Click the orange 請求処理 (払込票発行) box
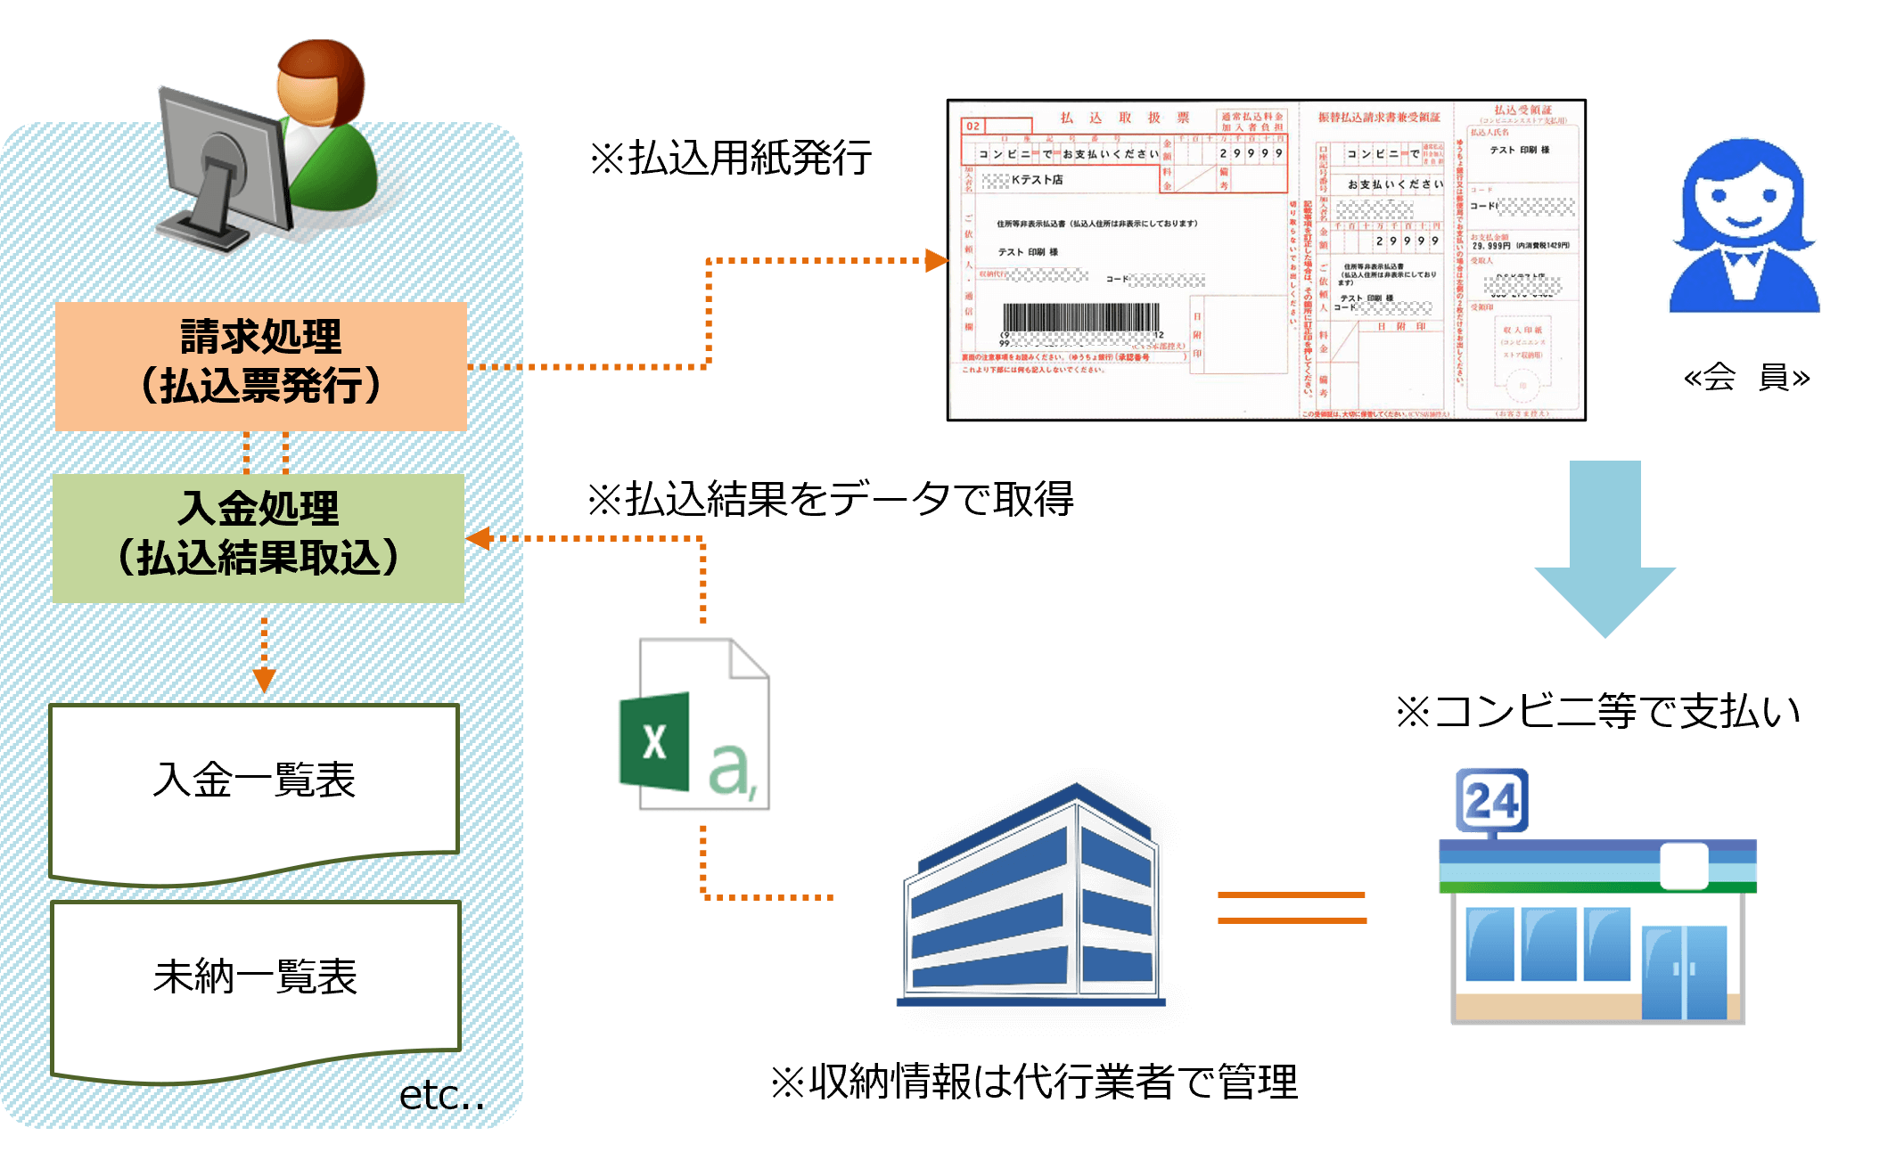[x=260, y=366]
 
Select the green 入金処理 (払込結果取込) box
[x=259, y=538]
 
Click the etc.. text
[x=441, y=1096]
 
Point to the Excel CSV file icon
[x=694, y=724]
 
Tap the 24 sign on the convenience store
[x=1491, y=800]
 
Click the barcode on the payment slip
[x=1081, y=318]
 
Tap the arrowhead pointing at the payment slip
[x=936, y=260]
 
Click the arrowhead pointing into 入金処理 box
[x=479, y=538]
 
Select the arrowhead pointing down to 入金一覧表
[x=264, y=681]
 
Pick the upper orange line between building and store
[x=1292, y=895]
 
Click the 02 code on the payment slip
[x=973, y=127]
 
